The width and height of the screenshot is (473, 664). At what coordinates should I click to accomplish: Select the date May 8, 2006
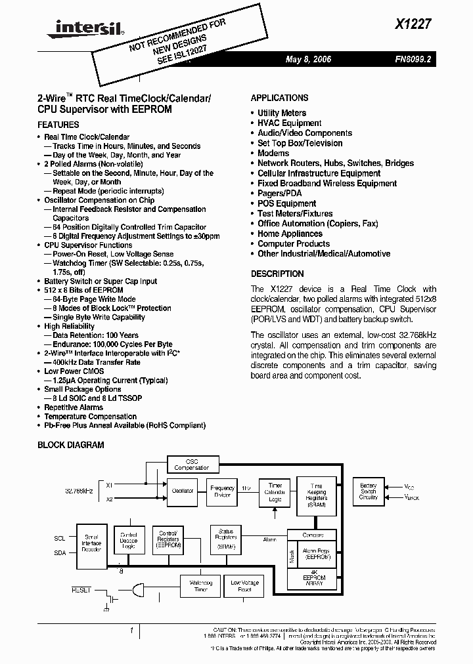(308, 60)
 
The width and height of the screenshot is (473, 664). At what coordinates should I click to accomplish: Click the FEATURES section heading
(58, 125)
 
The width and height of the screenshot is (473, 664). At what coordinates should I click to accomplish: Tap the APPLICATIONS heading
(279, 98)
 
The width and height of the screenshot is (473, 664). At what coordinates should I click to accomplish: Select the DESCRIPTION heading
(277, 274)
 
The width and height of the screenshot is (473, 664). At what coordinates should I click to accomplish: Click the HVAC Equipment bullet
(289, 123)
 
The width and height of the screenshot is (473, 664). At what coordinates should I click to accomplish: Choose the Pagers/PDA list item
(280, 194)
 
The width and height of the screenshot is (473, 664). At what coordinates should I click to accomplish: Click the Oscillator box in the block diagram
(183, 491)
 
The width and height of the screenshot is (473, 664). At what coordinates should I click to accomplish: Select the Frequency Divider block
(222, 491)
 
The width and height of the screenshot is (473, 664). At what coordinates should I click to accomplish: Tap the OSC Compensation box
(191, 465)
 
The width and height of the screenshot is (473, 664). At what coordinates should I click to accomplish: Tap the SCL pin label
(60, 538)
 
